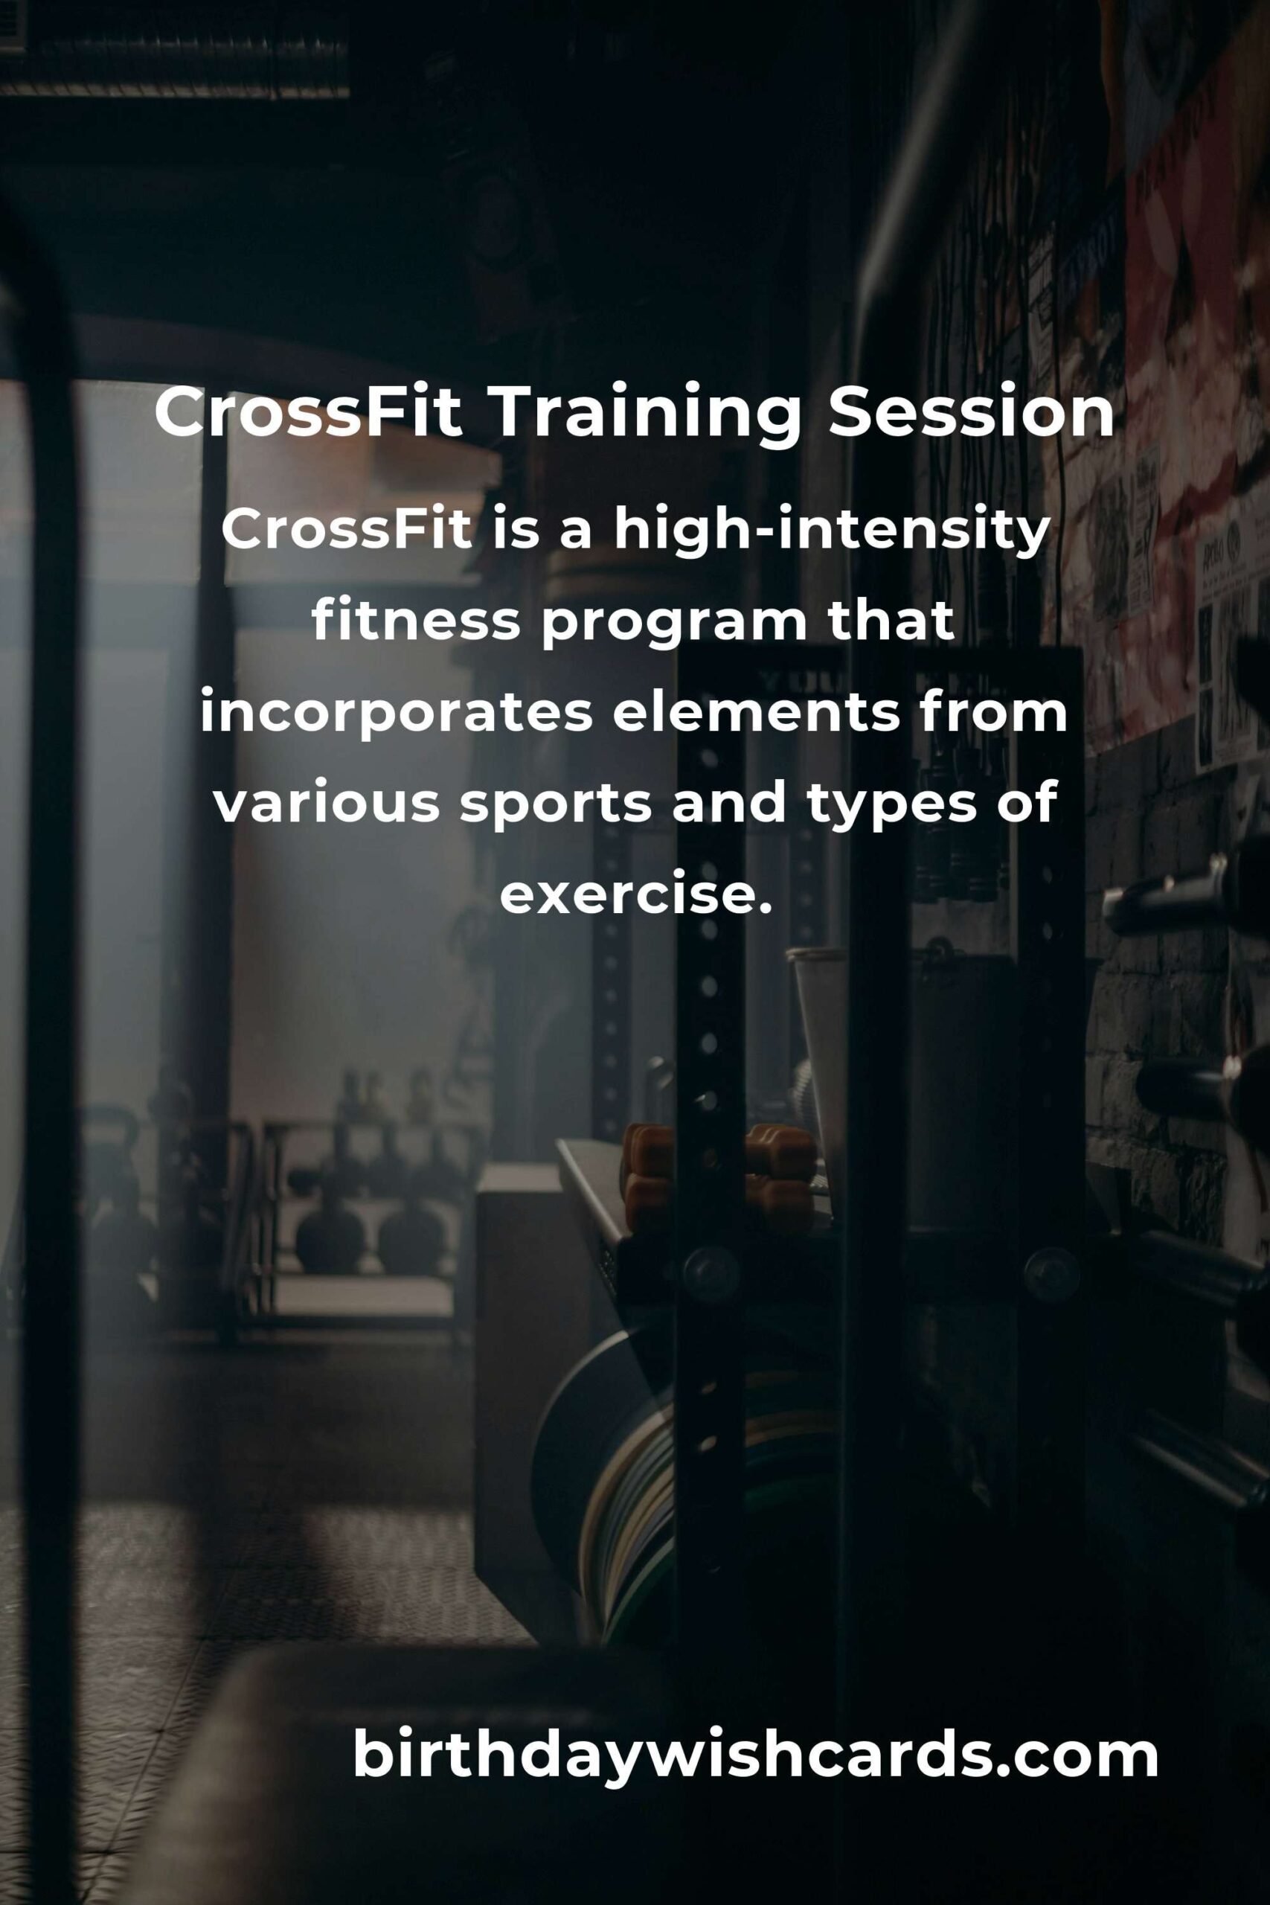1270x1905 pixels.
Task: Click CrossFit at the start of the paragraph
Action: click(346, 531)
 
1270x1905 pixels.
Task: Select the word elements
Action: click(756, 713)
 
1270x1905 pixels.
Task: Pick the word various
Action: click(327, 804)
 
